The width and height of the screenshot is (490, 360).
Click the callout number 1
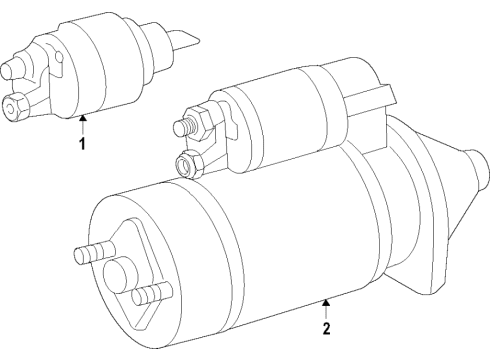(x=82, y=144)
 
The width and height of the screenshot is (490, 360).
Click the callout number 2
(x=326, y=328)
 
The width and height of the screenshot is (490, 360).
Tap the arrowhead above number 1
(x=82, y=117)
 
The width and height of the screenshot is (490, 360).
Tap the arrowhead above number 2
(x=326, y=302)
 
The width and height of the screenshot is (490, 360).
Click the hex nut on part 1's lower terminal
(x=15, y=107)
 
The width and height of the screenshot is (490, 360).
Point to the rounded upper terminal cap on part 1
(x=12, y=68)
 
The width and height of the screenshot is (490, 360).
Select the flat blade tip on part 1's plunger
(x=185, y=41)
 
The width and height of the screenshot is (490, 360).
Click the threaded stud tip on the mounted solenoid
(x=182, y=128)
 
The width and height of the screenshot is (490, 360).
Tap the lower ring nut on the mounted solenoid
(x=189, y=163)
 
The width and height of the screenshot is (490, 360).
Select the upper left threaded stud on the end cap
(x=94, y=252)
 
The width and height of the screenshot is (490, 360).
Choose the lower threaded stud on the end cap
(x=152, y=293)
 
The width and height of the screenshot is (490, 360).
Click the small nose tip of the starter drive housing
(x=477, y=170)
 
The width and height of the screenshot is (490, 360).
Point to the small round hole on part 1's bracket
(x=59, y=57)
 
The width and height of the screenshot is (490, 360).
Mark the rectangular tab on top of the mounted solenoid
(x=370, y=97)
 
